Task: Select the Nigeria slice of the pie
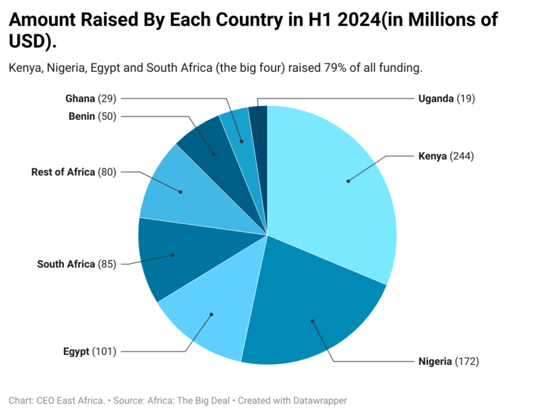pyautogui.click(x=310, y=311)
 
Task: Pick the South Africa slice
pyautogui.click(x=168, y=258)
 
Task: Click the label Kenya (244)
pyautogui.click(x=446, y=157)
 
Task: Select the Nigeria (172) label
pyautogui.click(x=448, y=361)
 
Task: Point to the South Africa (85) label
pyautogui.click(x=77, y=264)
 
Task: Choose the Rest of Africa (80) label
pyautogui.click(x=73, y=172)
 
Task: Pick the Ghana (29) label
pyautogui.click(x=90, y=98)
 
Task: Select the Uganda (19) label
pyautogui.click(x=446, y=98)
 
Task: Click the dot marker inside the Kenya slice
pyautogui.click(x=348, y=180)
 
